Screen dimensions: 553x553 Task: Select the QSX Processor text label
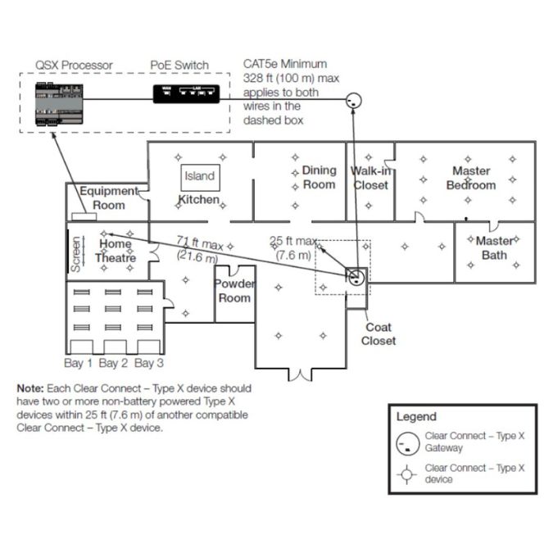[74, 66]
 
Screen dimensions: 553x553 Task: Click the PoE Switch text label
[179, 66]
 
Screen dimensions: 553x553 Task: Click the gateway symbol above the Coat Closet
[356, 276]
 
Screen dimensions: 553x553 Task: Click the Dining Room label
[319, 177]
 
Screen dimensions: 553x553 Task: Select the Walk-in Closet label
[371, 178]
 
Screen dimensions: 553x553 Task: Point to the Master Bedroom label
[471, 178]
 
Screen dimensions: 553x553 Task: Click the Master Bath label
[494, 247]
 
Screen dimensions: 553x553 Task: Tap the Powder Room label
[234, 291]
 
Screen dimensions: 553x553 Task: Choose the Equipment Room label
[108, 197]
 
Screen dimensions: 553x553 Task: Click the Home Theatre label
[116, 251]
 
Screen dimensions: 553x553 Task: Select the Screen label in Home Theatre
[76, 254]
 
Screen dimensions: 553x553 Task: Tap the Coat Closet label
[378, 334]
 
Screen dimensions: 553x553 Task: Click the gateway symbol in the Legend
[406, 443]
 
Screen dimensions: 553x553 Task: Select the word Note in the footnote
[31, 388]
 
